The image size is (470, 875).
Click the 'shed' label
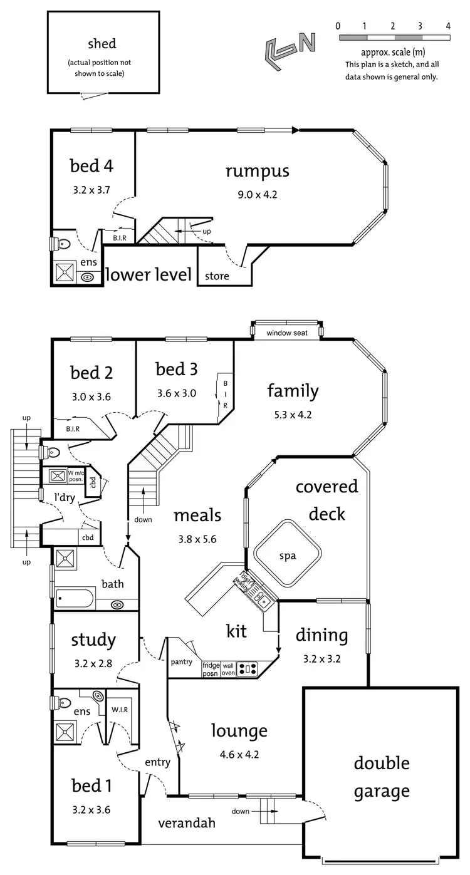pos(102,44)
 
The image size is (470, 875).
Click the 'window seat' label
pos(286,333)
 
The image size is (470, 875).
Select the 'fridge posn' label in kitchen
pos(210,670)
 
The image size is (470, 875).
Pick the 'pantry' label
pos(181,661)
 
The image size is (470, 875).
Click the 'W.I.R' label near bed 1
pos(120,710)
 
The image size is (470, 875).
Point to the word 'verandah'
pos(187,822)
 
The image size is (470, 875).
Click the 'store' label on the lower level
pos(217,276)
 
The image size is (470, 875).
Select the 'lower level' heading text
pos(149,274)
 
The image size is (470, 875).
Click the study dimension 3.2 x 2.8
pos(93,663)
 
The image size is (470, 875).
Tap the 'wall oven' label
pos(228,670)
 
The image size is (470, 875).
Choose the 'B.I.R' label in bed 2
pos(73,430)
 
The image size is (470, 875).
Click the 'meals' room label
pos(197,515)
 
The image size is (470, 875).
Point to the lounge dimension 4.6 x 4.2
pos(239,755)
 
